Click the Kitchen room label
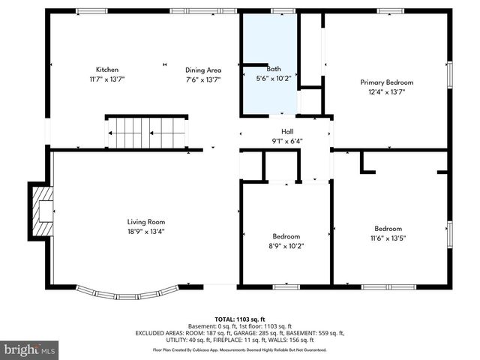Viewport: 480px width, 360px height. pyautogui.click(x=106, y=69)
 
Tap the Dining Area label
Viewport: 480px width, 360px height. pyautogui.click(x=203, y=70)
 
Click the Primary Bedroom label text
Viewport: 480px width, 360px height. pyautogui.click(x=386, y=82)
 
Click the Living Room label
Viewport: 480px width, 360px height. pyautogui.click(x=145, y=222)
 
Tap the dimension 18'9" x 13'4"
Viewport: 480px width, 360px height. pyautogui.click(x=145, y=231)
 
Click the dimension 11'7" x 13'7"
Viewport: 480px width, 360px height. pyautogui.click(x=106, y=79)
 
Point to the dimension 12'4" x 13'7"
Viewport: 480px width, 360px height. pyautogui.click(x=386, y=91)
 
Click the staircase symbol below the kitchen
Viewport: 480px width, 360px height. pyautogui.click(x=146, y=133)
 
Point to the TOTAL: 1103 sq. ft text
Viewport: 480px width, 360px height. pyautogui.click(x=240, y=318)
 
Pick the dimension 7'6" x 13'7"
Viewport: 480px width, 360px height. pyautogui.click(x=203, y=79)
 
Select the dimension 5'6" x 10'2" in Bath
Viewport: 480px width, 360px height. pyautogui.click(x=268, y=78)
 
